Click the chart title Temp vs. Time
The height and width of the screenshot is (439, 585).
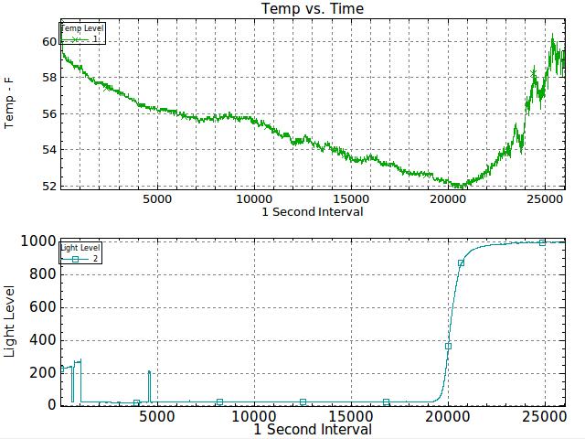pyautogui.click(x=313, y=9)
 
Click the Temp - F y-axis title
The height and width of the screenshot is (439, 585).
pyautogui.click(x=10, y=103)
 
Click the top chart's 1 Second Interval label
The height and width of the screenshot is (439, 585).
pyautogui.click(x=313, y=211)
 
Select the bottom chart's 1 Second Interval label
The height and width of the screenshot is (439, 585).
pyautogui.click(x=313, y=429)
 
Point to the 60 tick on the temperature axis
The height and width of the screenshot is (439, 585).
pyautogui.click(x=48, y=42)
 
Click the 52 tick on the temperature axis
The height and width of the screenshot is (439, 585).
pyautogui.click(x=48, y=186)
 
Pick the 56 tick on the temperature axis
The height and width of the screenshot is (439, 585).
pyautogui.click(x=48, y=114)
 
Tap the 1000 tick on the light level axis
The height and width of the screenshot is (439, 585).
pyautogui.click(x=38, y=241)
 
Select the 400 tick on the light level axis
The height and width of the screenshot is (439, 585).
pyautogui.click(x=42, y=339)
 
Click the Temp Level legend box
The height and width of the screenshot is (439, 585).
pyautogui.click(x=83, y=34)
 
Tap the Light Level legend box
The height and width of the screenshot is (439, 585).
pyautogui.click(x=81, y=253)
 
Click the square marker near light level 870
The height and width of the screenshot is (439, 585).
pyautogui.click(x=462, y=263)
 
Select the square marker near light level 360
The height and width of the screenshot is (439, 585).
pyautogui.click(x=448, y=346)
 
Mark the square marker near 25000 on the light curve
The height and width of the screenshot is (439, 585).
pyautogui.click(x=542, y=242)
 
